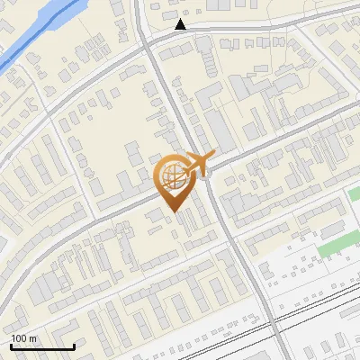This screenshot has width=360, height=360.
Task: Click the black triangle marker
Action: pyautogui.click(x=181, y=24)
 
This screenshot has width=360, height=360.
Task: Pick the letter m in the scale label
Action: pyautogui.click(x=32, y=338)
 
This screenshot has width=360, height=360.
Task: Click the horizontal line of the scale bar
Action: pyautogui.click(x=42, y=346)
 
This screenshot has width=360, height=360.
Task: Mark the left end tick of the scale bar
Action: pyautogui.click(x=11, y=346)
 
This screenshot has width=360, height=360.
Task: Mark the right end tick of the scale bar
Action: pyautogui.click(x=74, y=346)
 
